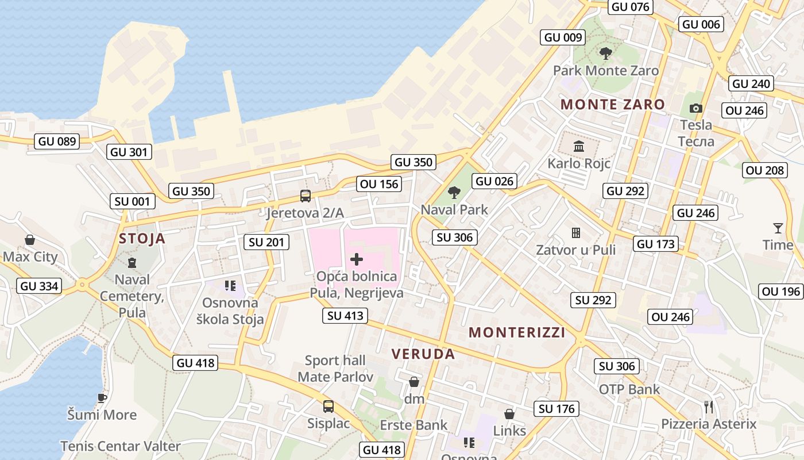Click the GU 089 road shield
(x=57, y=141)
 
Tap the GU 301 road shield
(x=129, y=152)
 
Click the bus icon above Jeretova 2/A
(x=306, y=195)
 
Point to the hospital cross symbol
(x=357, y=259)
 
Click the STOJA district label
(x=142, y=239)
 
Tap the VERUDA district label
(x=423, y=354)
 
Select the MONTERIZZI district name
(x=517, y=332)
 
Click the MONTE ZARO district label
(x=613, y=105)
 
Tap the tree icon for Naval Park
(x=454, y=193)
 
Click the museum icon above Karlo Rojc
(x=579, y=146)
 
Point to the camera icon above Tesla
(x=696, y=108)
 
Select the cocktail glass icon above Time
(x=778, y=228)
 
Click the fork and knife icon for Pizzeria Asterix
(x=709, y=407)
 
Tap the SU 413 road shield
(x=345, y=315)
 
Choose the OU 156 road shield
(x=378, y=184)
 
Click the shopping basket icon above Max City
(x=30, y=240)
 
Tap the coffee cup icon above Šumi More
(x=102, y=398)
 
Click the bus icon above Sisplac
(x=328, y=407)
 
